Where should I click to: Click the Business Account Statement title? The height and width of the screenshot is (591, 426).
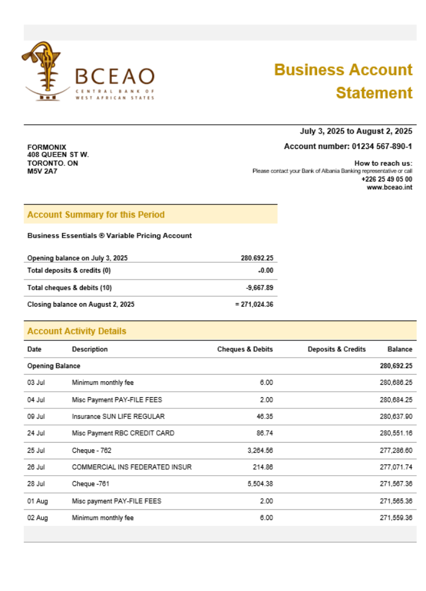point(343,81)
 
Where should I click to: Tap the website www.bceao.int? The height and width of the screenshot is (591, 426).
point(389,187)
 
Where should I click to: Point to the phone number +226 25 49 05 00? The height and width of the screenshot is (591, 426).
point(386,179)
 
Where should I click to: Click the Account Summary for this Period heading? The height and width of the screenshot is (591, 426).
point(96,215)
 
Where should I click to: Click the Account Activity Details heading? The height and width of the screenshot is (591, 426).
point(77,331)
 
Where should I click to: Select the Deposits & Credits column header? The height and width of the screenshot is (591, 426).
point(337,349)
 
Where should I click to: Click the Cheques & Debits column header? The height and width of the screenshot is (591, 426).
point(245,349)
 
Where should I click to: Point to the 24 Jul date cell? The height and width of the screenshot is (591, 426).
point(36,433)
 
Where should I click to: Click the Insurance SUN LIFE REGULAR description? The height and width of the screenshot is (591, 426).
point(118,417)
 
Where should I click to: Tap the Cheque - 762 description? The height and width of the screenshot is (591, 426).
point(92,450)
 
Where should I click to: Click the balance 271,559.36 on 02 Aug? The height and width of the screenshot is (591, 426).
point(396,518)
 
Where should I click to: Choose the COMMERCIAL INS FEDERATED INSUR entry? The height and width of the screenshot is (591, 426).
point(132,467)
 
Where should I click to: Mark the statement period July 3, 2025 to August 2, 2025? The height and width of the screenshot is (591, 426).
point(356,131)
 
